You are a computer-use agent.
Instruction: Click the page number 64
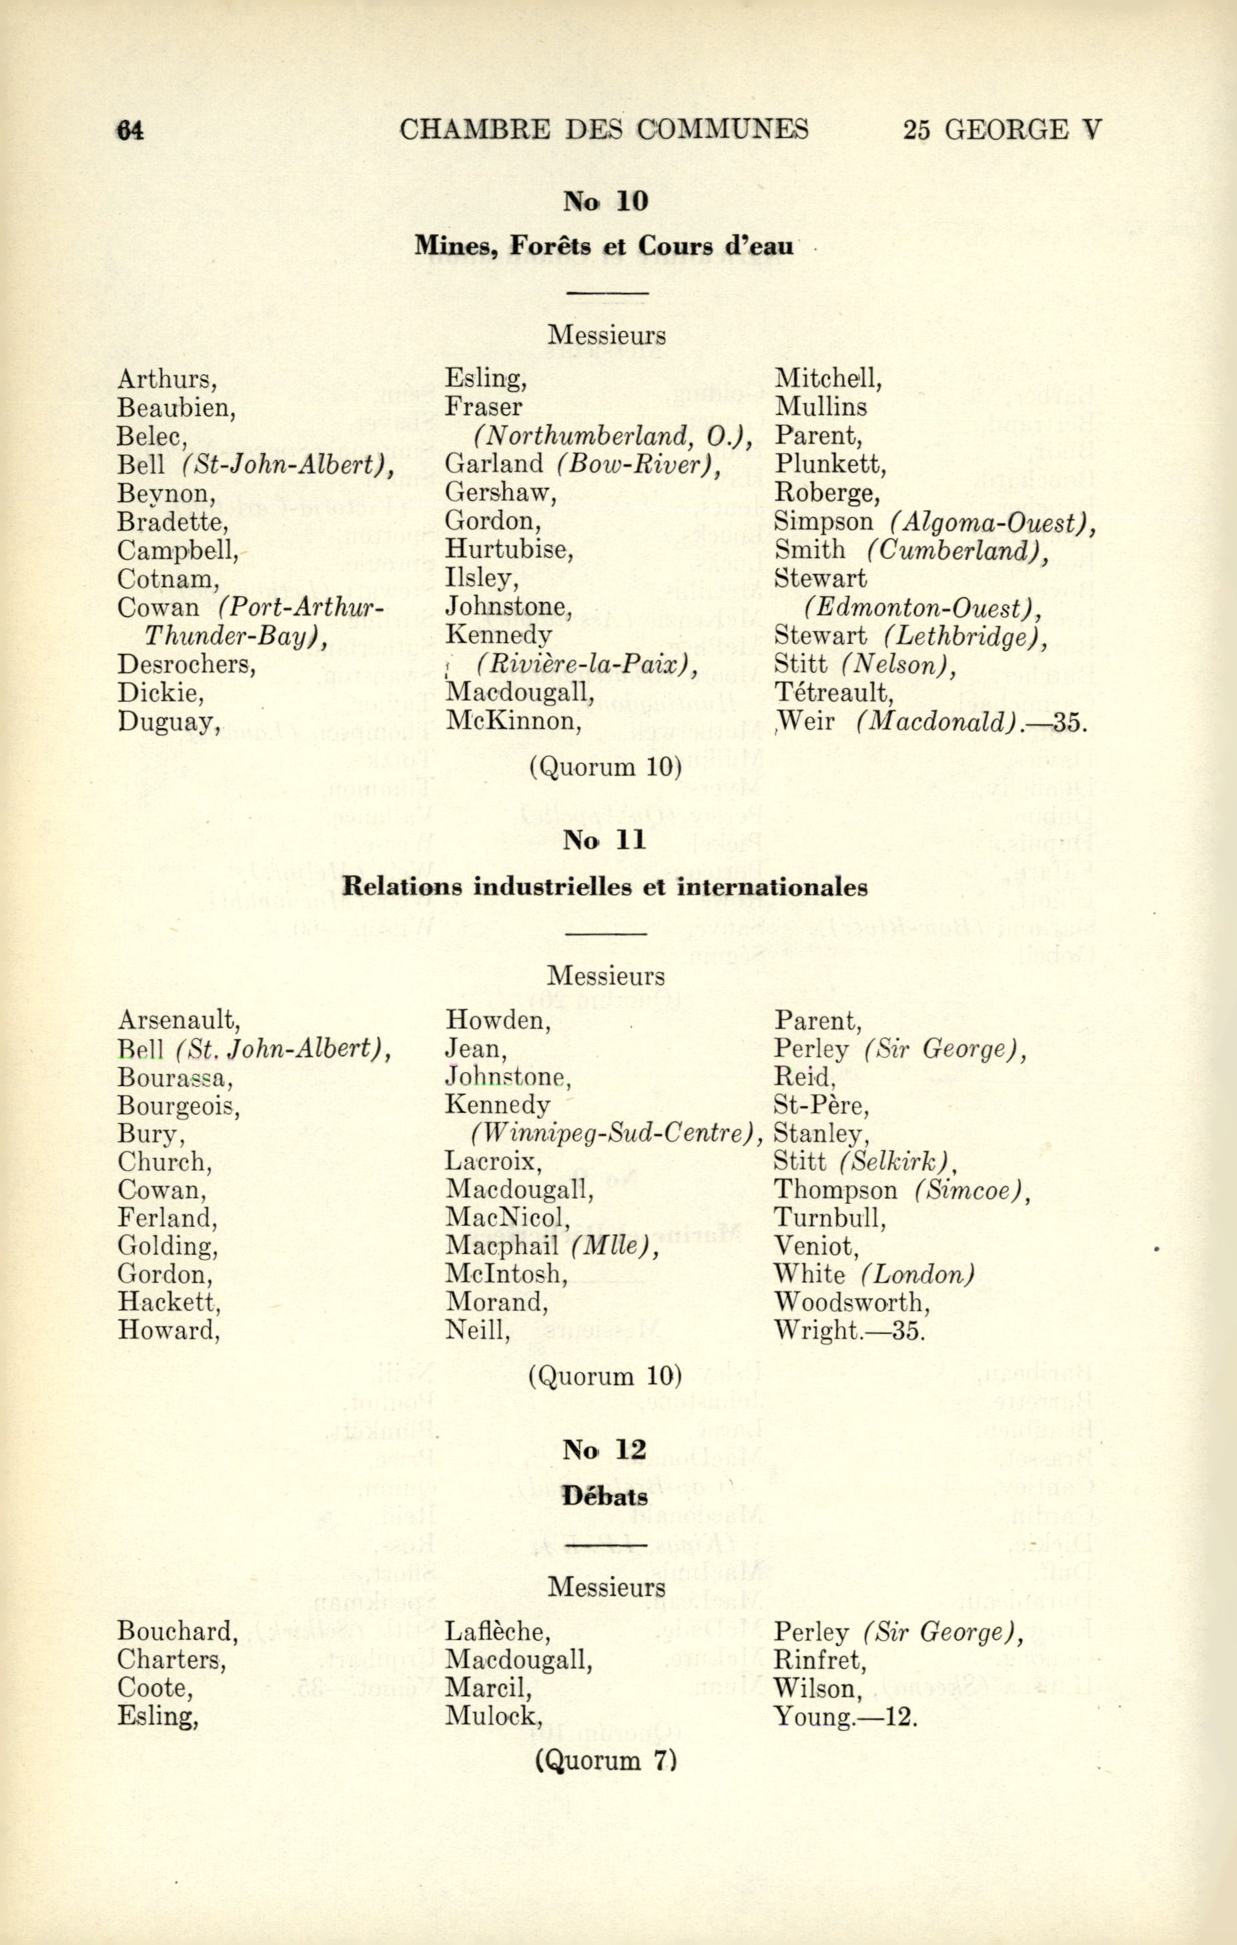point(131,130)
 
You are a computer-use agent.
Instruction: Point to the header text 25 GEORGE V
point(1001,130)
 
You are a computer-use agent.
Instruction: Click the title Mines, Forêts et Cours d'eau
point(604,245)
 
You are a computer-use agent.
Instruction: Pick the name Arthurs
point(166,379)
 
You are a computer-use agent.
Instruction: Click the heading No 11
point(606,841)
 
